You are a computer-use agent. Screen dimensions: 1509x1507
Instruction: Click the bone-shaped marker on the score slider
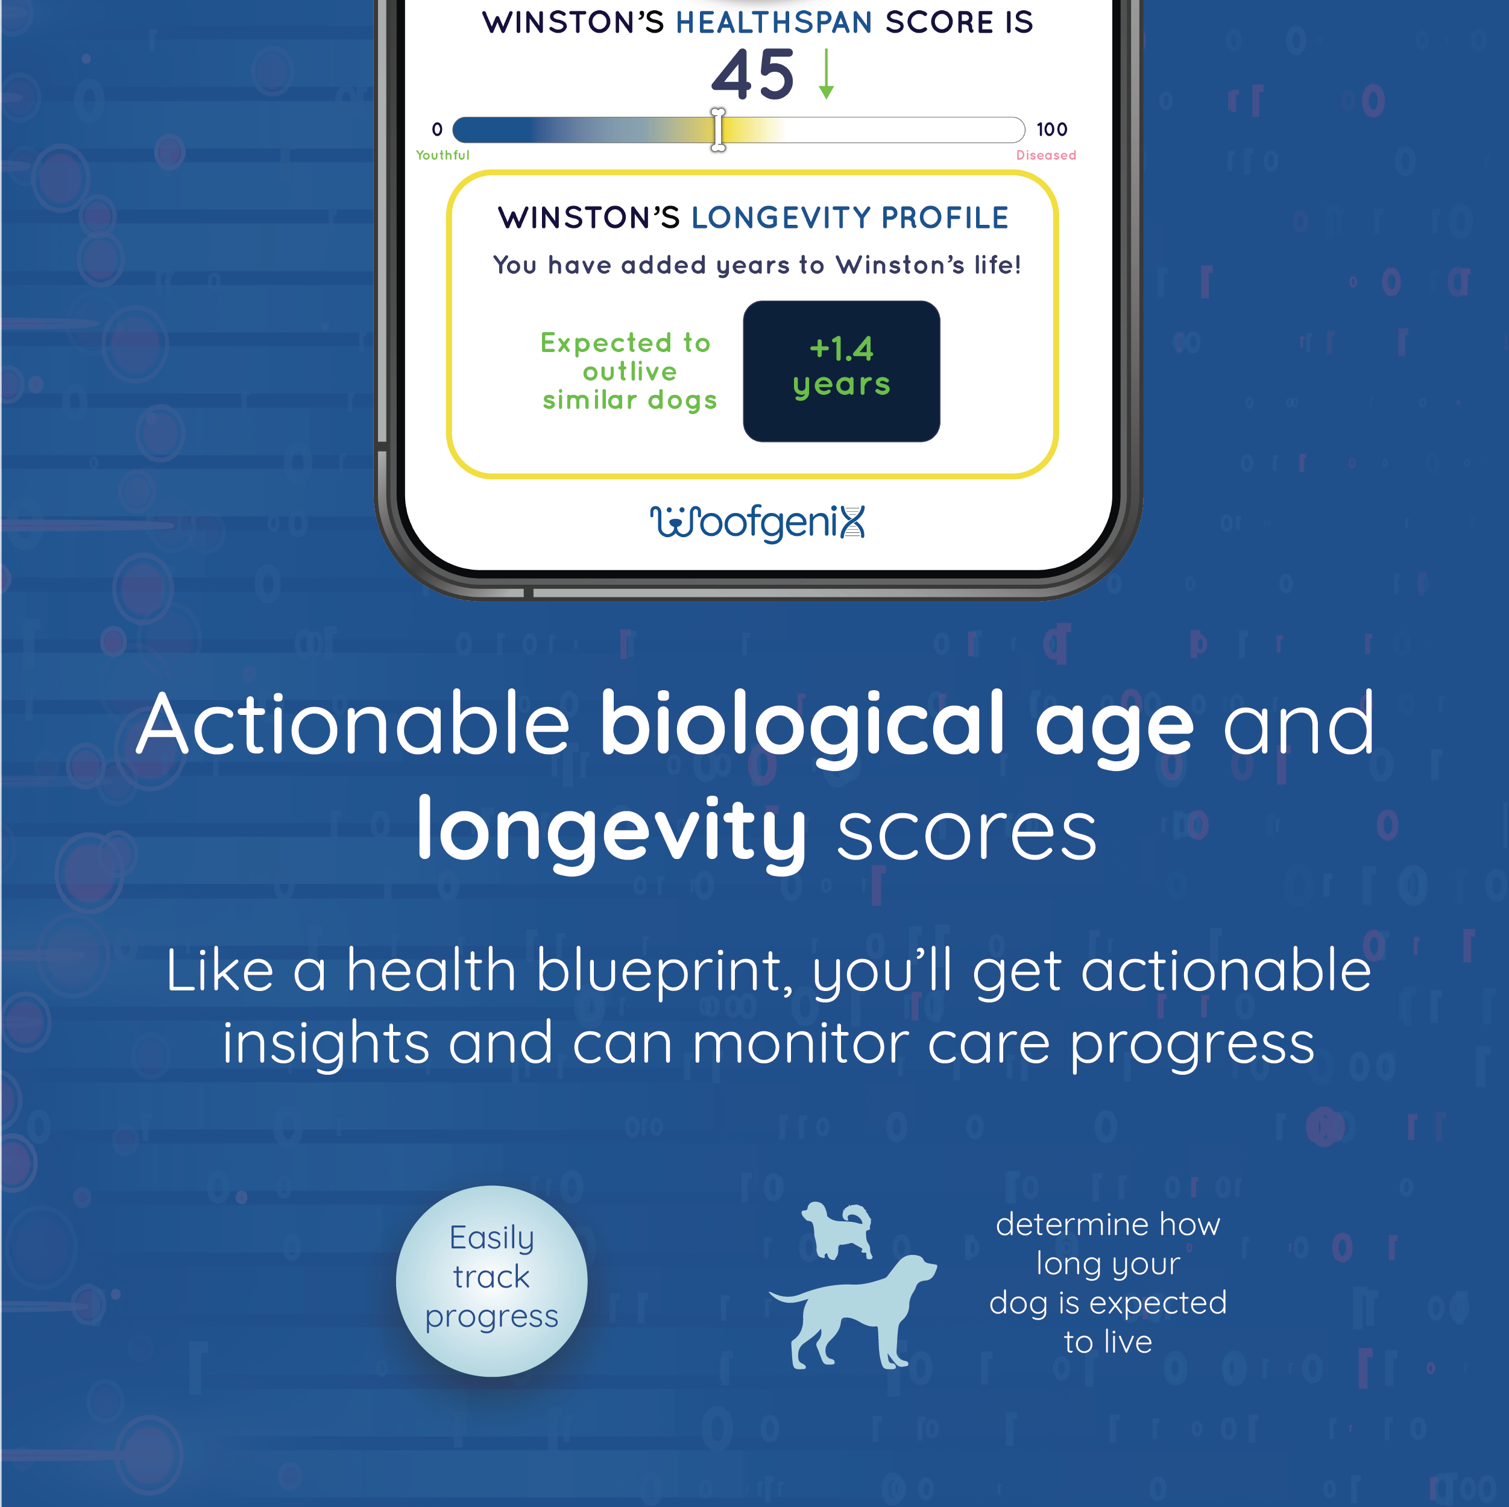point(718,130)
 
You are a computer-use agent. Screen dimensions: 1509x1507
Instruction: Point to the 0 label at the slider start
point(438,129)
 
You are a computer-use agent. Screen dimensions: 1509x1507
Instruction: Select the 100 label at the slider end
point(1051,129)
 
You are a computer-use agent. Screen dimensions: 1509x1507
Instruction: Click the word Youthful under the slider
point(443,156)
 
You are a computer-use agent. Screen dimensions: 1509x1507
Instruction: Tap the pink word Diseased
point(1046,156)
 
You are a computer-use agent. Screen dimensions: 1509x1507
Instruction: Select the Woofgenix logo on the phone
point(758,523)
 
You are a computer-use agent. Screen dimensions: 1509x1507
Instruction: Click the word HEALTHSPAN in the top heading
point(774,23)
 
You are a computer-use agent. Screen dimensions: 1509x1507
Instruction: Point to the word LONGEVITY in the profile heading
point(781,218)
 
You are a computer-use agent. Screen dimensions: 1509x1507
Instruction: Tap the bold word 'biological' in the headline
point(802,725)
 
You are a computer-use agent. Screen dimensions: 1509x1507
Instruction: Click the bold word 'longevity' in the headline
point(611,832)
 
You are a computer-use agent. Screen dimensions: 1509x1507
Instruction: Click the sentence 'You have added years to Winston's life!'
point(757,265)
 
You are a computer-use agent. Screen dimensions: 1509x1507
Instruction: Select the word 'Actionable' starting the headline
point(353,725)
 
